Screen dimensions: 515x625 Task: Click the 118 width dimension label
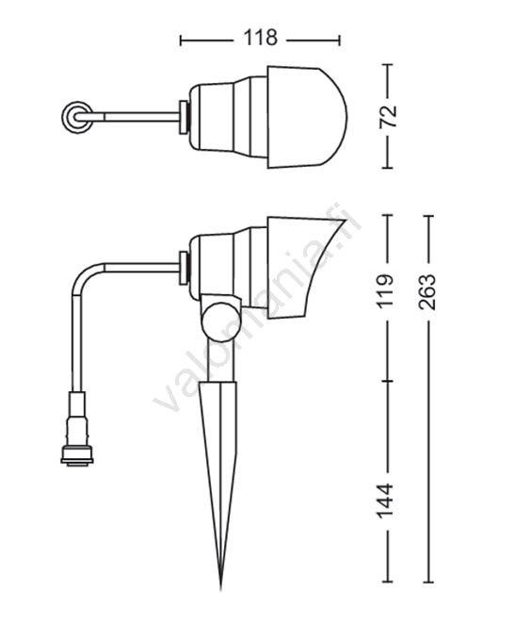pos(260,38)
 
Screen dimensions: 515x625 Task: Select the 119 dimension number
pos(385,290)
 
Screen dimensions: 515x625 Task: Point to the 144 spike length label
pos(385,501)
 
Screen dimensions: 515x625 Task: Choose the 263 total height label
pos(427,292)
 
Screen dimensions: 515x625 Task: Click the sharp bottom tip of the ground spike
pos(221,587)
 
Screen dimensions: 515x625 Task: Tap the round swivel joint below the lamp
pos(221,321)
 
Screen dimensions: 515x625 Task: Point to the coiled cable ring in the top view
pos(77,117)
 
